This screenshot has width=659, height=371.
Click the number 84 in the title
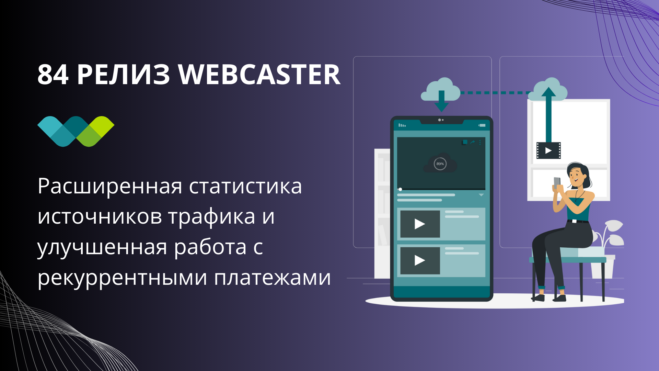53,75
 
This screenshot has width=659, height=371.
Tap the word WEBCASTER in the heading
259,75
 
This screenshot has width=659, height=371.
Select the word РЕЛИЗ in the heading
123,75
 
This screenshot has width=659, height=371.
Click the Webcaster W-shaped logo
76,131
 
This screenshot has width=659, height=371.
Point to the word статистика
245,187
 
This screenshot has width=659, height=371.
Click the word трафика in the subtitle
211,217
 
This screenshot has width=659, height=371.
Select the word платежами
272,277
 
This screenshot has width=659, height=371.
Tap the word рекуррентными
122,277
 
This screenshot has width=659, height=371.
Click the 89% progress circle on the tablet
440,164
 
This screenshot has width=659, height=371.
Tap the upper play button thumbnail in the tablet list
420,224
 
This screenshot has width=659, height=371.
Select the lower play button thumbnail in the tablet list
420,260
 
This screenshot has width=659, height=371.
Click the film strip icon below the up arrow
548,150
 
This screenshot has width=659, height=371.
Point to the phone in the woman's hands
557,182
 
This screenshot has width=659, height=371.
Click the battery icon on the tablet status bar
482,125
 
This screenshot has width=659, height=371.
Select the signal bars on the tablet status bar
402,125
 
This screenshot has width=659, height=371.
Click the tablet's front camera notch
441,120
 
